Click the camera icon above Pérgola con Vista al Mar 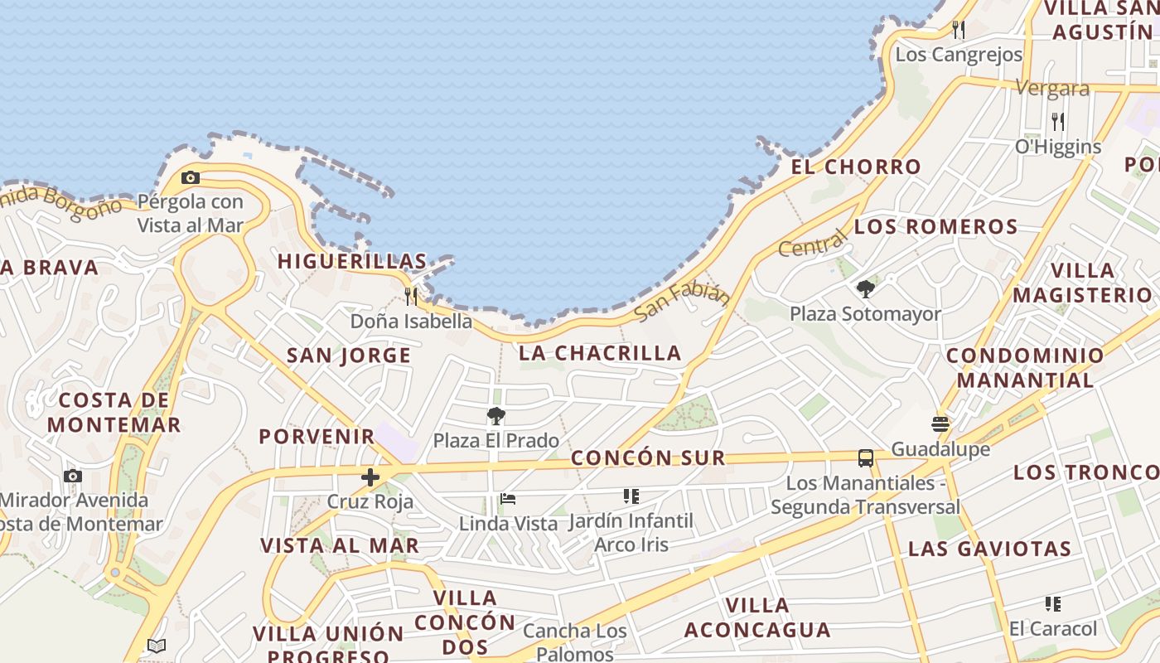[x=191, y=177]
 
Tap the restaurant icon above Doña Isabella [x=411, y=296]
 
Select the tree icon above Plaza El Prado [x=496, y=416]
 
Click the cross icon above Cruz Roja [x=370, y=477]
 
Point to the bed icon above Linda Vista [x=508, y=499]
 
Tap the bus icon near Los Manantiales [x=865, y=457]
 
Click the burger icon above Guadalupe [x=940, y=424]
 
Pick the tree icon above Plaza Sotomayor [x=866, y=289]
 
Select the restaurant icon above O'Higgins [x=1058, y=122]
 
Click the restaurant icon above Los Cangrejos [x=959, y=30]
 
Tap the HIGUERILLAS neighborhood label [x=352, y=261]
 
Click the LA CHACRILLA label [x=600, y=353]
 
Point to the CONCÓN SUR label [x=648, y=457]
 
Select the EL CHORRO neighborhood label [x=856, y=167]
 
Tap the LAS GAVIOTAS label [x=990, y=549]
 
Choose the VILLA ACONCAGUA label [x=757, y=617]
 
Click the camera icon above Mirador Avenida [x=73, y=476]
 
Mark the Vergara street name [x=1052, y=88]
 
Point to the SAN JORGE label [x=349, y=356]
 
